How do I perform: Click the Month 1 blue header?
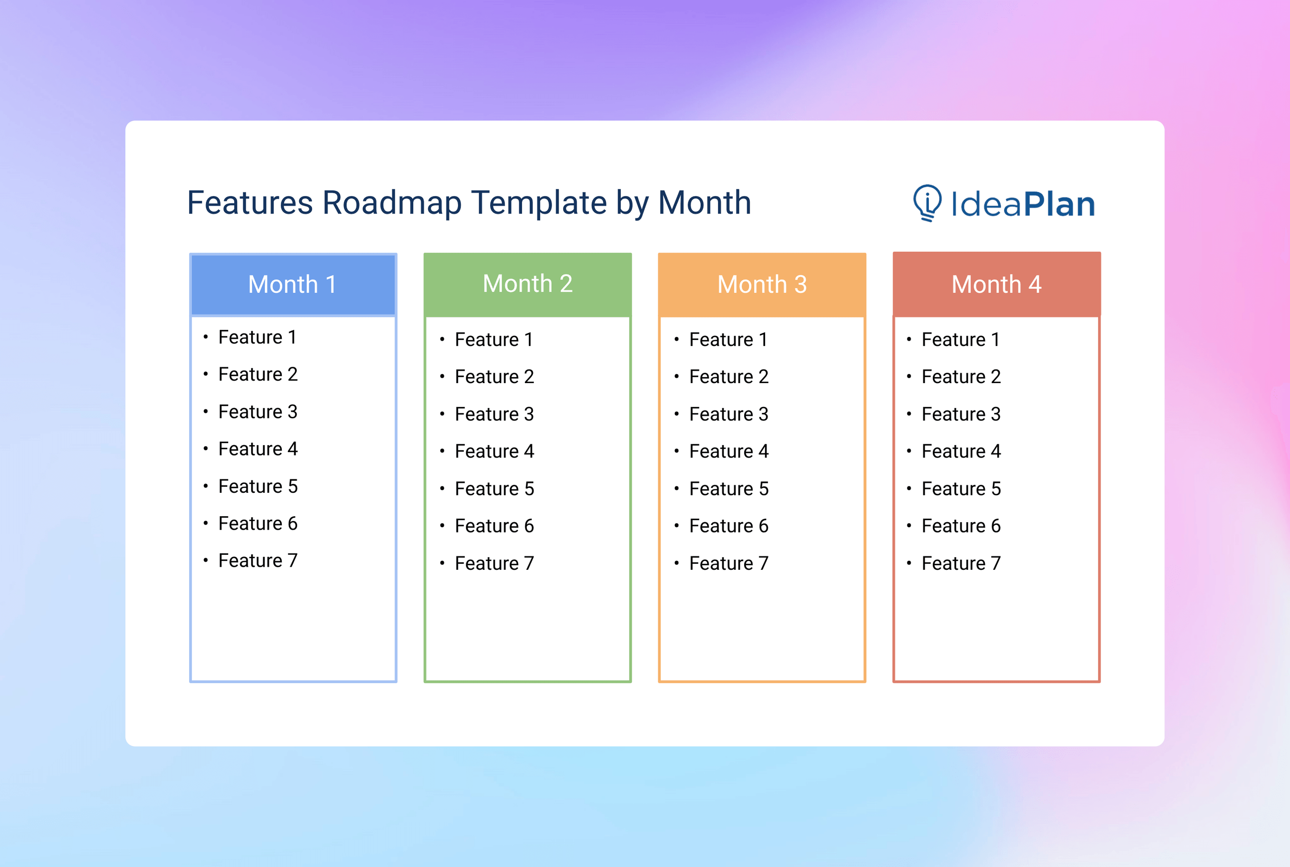pyautogui.click(x=293, y=285)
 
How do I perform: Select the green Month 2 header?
pyautogui.click(x=527, y=284)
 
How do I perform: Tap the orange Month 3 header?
pyautogui.click(x=762, y=285)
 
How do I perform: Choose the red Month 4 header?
pyautogui.click(x=996, y=285)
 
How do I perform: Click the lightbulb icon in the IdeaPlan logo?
pyautogui.click(x=927, y=202)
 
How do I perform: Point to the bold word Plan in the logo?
pyautogui.click(x=1059, y=204)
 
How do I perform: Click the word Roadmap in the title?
pyautogui.click(x=391, y=203)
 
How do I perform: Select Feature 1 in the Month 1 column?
pyautogui.click(x=258, y=337)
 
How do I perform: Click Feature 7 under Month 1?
pyautogui.click(x=258, y=561)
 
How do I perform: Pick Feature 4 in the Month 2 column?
pyautogui.click(x=494, y=451)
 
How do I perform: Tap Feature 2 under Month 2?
pyautogui.click(x=494, y=377)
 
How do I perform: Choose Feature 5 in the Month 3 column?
pyautogui.click(x=728, y=489)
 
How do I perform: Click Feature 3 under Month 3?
pyautogui.click(x=728, y=414)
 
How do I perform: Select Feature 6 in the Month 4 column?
pyautogui.click(x=961, y=526)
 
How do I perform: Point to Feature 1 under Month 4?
pyautogui.click(x=961, y=339)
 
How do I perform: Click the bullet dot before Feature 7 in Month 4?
pyautogui.click(x=908, y=563)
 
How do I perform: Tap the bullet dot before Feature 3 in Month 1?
pyautogui.click(x=205, y=411)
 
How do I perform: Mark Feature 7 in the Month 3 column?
pyautogui.click(x=728, y=563)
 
